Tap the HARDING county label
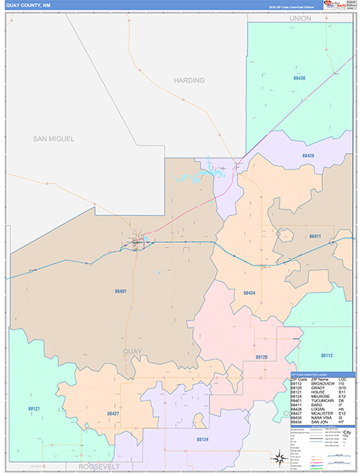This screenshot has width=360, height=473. [189, 80]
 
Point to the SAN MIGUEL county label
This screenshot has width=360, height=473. [54, 139]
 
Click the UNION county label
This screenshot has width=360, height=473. [300, 17]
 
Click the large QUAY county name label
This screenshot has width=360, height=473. [135, 351]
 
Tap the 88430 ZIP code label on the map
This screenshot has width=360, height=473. [299, 79]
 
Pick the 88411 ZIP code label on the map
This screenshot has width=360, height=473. [314, 236]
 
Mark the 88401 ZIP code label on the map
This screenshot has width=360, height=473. [120, 292]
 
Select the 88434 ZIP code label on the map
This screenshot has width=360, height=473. [249, 292]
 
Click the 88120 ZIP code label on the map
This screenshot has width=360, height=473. [262, 357]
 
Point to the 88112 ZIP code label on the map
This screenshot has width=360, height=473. [326, 356]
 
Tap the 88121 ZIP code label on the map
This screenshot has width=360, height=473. [34, 408]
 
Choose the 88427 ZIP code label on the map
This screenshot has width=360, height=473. [113, 412]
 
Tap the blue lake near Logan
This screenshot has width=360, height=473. [189, 177]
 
